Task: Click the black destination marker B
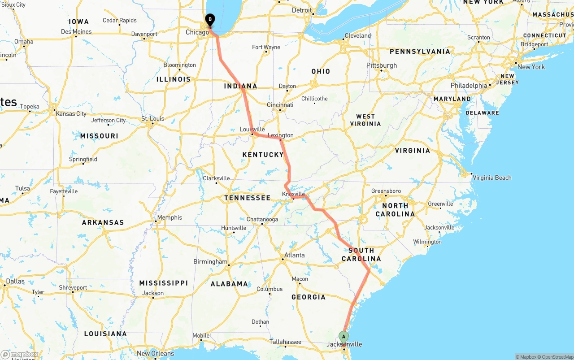click(210, 19)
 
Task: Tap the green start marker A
click(344, 337)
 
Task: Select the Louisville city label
click(252, 130)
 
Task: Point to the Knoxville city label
click(293, 194)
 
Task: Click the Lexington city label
click(280, 135)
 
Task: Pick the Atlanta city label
click(294, 255)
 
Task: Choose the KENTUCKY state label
click(263, 155)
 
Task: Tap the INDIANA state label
click(241, 86)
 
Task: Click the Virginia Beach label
click(492, 178)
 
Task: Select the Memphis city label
click(170, 217)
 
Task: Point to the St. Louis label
click(152, 119)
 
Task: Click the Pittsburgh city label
click(382, 65)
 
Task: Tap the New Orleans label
click(156, 353)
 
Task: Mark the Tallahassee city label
click(286, 342)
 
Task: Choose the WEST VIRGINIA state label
click(365, 120)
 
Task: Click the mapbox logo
click(20, 355)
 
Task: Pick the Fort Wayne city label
click(266, 47)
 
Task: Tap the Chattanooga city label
click(262, 219)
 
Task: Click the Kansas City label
click(71, 113)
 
